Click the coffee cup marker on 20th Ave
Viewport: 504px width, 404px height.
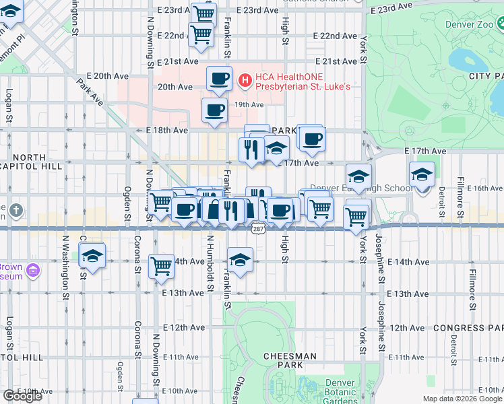(x=219, y=79)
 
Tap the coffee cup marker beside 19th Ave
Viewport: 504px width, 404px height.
(x=214, y=110)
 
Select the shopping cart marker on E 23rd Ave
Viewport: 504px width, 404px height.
(x=203, y=13)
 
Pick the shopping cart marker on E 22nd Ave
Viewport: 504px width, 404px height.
(x=201, y=34)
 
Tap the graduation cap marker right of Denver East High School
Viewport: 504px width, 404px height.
(x=421, y=175)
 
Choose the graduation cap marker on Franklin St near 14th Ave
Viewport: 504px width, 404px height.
(x=240, y=259)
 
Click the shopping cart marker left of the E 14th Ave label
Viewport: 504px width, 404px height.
(x=161, y=266)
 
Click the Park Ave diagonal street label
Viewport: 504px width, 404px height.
(x=89, y=92)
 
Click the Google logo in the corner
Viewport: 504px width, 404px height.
(x=22, y=396)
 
